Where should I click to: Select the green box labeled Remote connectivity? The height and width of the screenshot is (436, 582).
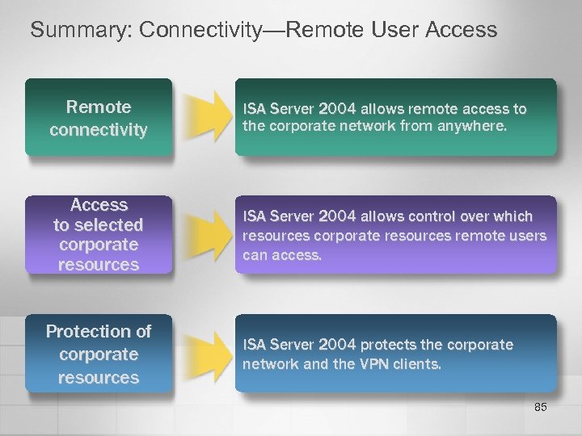coord(99,118)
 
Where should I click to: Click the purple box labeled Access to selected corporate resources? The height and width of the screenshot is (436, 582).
coord(99,235)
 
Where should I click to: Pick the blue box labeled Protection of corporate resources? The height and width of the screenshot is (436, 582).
coord(99,354)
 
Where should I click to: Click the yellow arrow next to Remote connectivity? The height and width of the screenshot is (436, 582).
coord(204,118)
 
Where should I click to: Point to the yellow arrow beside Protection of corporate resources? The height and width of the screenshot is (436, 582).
coord(204,354)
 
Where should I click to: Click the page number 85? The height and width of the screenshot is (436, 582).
coord(540,408)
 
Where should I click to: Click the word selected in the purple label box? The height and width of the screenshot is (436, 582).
coord(109,224)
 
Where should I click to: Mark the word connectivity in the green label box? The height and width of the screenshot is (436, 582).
coord(99,129)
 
